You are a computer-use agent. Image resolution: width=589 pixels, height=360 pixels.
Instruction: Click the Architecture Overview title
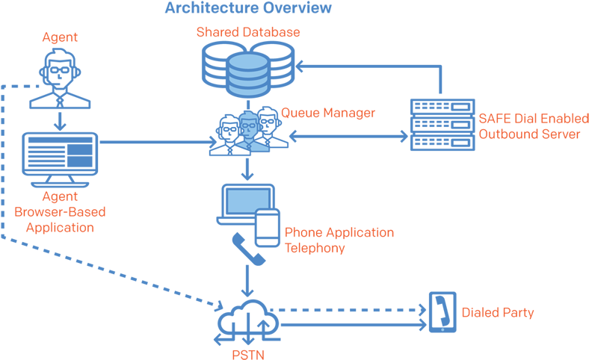(247, 8)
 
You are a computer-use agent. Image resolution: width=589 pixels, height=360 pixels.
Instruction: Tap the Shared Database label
(248, 32)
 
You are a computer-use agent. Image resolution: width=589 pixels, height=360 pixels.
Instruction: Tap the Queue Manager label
(328, 114)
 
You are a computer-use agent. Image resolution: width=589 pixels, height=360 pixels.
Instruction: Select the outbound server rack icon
(442, 125)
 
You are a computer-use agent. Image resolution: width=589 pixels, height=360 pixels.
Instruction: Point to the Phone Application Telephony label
(339, 240)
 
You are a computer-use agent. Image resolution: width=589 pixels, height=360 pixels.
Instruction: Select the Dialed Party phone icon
(441, 312)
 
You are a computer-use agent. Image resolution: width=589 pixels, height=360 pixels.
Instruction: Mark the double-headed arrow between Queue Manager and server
(348, 136)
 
